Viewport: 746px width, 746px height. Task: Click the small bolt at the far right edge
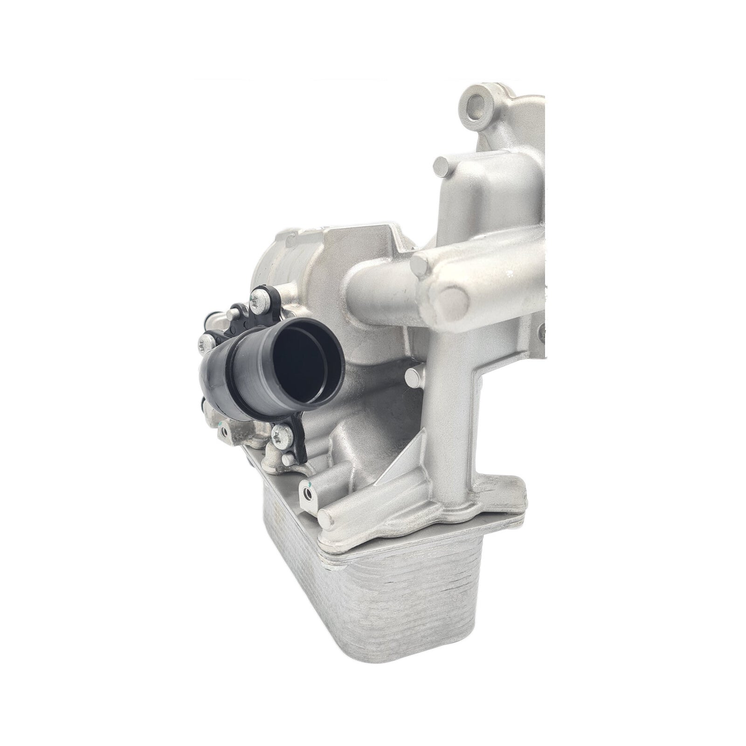click(x=542, y=332)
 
